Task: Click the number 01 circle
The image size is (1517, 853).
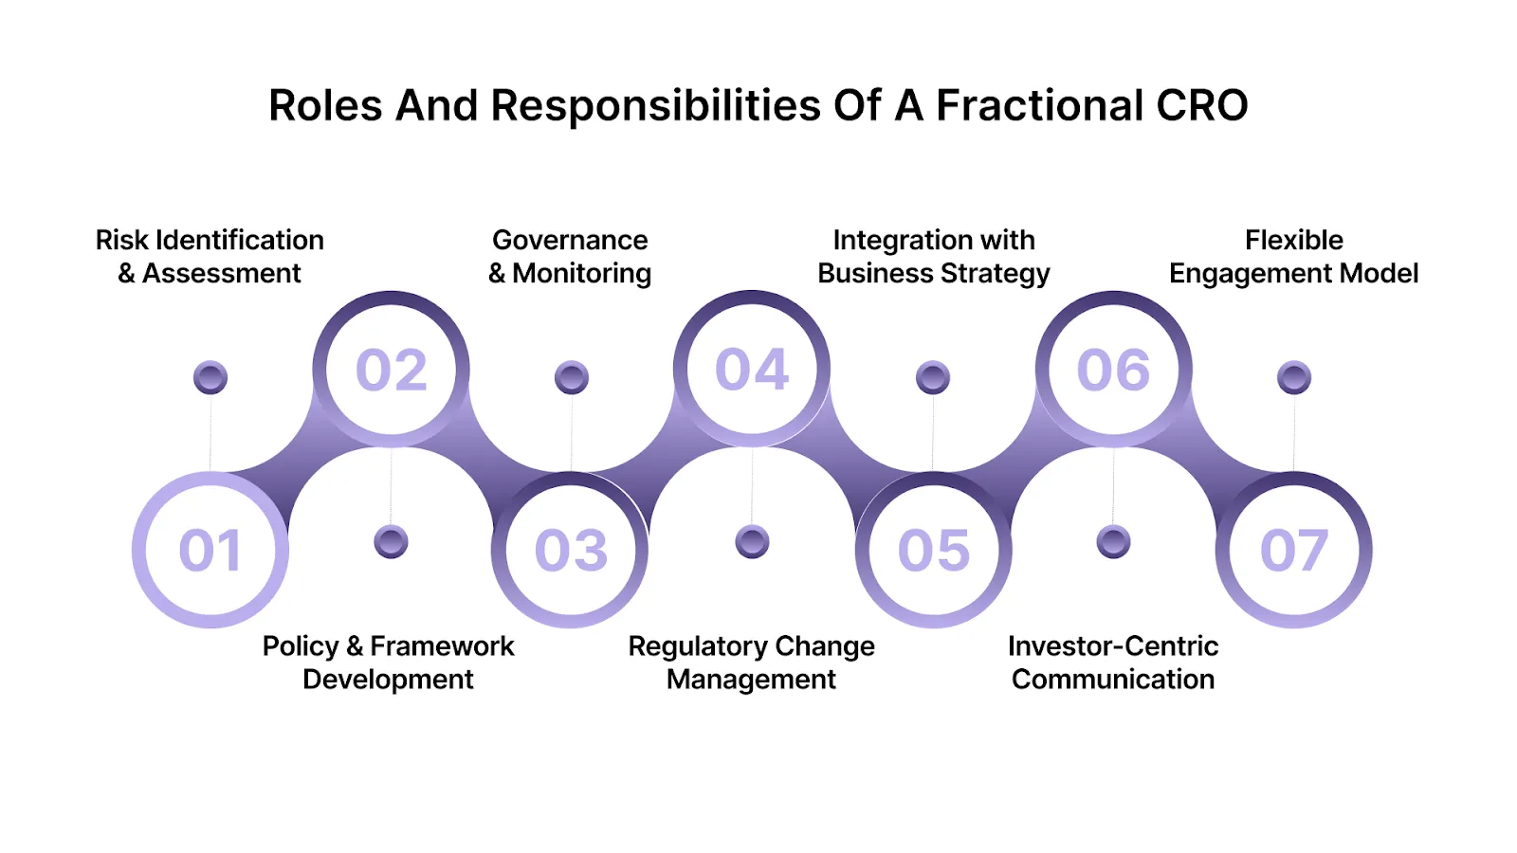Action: click(x=210, y=550)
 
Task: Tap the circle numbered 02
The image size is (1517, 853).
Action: click(x=391, y=370)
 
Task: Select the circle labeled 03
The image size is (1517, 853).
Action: click(x=571, y=550)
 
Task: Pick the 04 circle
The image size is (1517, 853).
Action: click(x=752, y=370)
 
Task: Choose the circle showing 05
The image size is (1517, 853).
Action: click(x=934, y=550)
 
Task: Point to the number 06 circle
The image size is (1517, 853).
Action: click(x=1113, y=370)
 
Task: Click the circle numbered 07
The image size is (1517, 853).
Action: click(x=1294, y=550)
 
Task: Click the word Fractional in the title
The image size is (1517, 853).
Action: click(x=1039, y=105)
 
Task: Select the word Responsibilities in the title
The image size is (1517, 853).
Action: click(x=655, y=105)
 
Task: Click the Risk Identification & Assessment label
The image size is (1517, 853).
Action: click(x=210, y=257)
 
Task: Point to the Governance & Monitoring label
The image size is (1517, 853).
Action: click(x=570, y=257)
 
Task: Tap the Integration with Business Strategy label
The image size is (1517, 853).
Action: click(x=934, y=257)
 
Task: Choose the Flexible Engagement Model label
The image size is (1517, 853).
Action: click(x=1294, y=257)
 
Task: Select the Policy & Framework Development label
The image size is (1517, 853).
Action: click(x=389, y=662)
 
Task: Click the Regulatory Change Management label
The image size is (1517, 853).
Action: click(x=752, y=662)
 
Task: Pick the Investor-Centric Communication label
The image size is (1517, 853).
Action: click(x=1113, y=662)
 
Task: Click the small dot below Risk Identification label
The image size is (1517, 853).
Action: click(x=210, y=377)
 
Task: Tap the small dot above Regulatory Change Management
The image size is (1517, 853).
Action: click(x=752, y=542)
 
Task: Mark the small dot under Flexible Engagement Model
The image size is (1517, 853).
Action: click(x=1294, y=377)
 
